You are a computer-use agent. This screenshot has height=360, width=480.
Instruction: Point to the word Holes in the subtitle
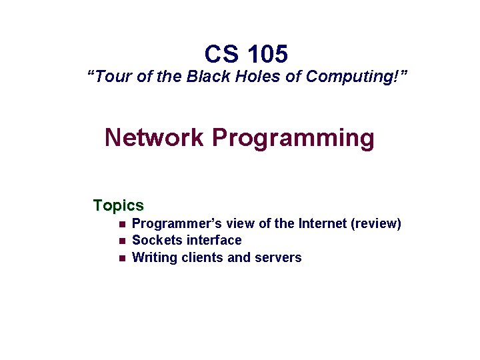[259, 77]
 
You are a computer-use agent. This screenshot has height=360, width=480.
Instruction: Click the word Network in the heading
[154, 138]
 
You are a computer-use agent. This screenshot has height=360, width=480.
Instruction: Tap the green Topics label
[119, 205]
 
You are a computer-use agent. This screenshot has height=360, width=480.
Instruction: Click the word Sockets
[157, 241]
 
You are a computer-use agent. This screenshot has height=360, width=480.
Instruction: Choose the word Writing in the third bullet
[155, 257]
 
